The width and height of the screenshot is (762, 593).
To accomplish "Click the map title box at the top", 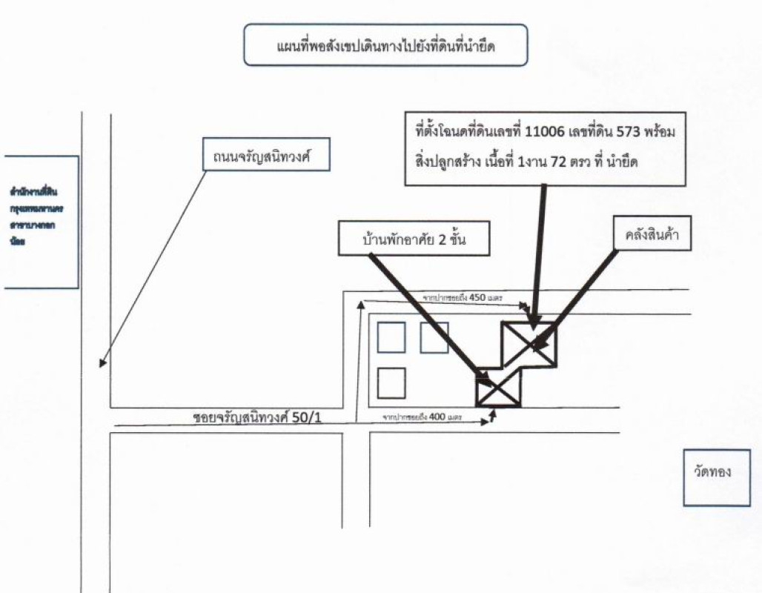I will (x=385, y=45).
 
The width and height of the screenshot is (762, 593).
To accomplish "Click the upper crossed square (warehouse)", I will (x=529, y=343).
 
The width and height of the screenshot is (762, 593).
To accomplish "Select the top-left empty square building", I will (x=391, y=338).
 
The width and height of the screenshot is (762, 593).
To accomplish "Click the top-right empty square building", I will (x=434, y=338).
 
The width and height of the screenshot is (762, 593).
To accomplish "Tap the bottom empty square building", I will (x=391, y=383).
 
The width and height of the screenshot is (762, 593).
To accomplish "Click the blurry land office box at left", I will (x=41, y=222).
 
